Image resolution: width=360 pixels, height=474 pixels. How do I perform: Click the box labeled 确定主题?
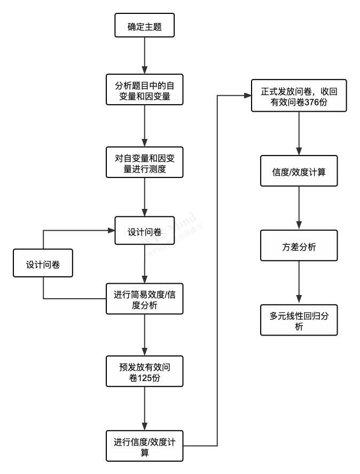coord(144,26)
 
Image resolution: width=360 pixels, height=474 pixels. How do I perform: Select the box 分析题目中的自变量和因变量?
coord(144,90)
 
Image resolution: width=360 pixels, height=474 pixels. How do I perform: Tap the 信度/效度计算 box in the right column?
coord(299,171)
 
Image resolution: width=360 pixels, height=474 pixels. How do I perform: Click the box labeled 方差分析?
coord(299,245)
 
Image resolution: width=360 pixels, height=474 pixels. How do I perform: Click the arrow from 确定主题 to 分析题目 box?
coord(144,56)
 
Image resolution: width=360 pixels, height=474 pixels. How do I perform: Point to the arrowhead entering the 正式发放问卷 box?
coord(247,96)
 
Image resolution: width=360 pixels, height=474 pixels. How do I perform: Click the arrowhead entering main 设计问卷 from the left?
coord(112,231)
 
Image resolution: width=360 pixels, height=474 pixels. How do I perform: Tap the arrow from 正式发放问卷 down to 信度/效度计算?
coord(299,134)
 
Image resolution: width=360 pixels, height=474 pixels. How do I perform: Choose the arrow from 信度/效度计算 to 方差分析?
coord(299,208)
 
